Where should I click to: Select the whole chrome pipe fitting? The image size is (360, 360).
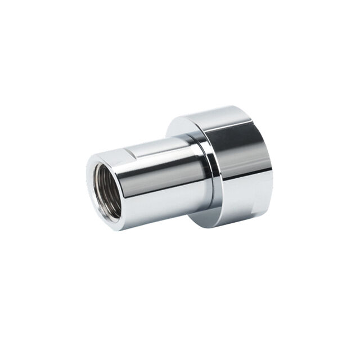[x=180, y=169]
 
